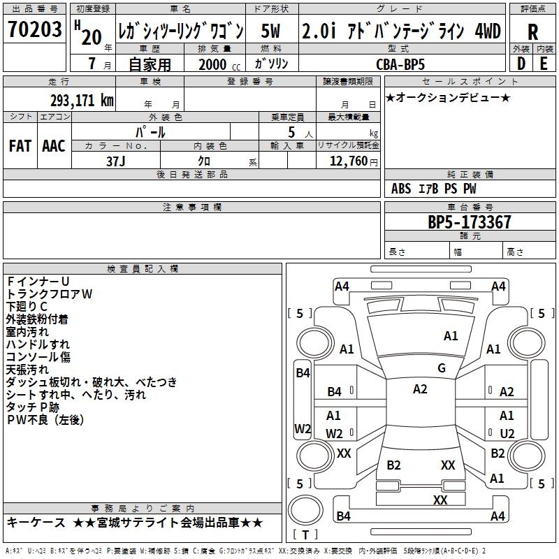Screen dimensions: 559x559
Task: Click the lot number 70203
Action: tap(35, 30)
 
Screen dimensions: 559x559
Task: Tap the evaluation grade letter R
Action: tap(533, 31)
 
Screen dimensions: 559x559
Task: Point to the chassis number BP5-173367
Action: tap(469, 222)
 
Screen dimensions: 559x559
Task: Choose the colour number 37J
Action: tap(116, 161)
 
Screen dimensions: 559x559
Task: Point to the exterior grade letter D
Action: tap(521, 63)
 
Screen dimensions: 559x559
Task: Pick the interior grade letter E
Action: tap(544, 63)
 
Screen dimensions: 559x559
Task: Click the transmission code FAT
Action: tap(20, 145)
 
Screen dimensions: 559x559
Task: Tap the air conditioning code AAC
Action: tap(54, 145)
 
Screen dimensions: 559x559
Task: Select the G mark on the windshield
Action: tap(442, 368)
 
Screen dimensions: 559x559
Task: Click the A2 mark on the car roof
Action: tap(420, 389)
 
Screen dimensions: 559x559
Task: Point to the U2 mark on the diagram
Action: tap(507, 433)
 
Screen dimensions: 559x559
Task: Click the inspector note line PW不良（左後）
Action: tap(45, 420)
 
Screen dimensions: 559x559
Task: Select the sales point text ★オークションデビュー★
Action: tap(447, 97)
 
